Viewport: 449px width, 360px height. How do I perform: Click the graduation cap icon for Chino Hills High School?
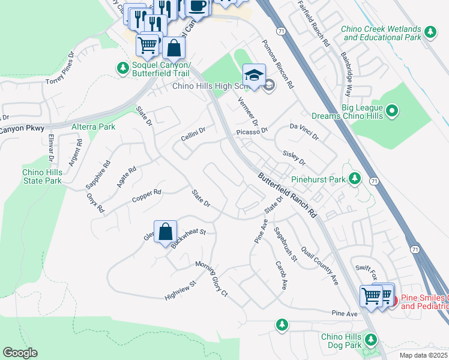pyautogui.click(x=254, y=76)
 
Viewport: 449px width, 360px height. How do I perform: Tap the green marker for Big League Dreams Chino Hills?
pyautogui.click(x=392, y=110)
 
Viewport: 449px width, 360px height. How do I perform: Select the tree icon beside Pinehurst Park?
pyautogui.click(x=355, y=179)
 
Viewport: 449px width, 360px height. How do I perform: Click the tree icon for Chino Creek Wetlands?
pyautogui.click(x=430, y=32)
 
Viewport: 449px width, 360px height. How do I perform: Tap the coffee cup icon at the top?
pyautogui.click(x=197, y=6)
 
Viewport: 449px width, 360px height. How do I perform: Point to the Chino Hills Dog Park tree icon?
pyautogui.click(x=372, y=341)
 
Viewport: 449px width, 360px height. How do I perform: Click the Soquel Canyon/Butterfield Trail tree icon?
pyautogui.click(x=122, y=69)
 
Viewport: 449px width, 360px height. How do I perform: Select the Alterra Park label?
pyautogui.click(x=93, y=127)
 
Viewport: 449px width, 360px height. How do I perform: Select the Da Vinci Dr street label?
pyautogui.click(x=304, y=131)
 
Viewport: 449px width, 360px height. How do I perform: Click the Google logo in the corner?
pyautogui.click(x=20, y=353)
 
